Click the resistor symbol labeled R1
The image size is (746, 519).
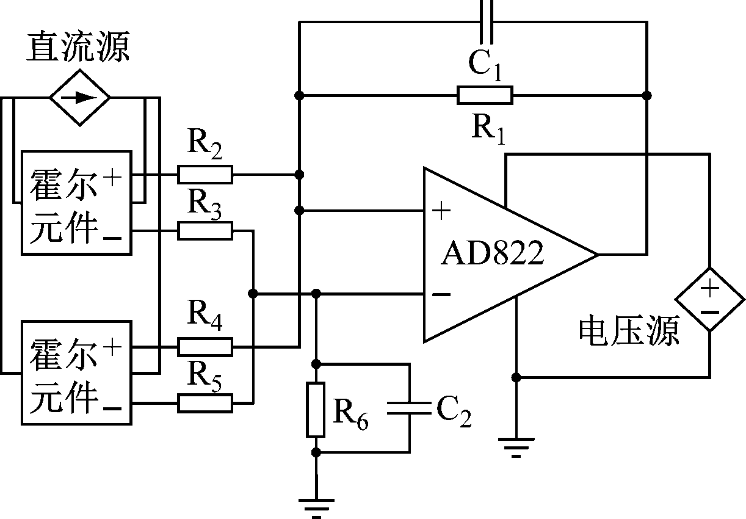point(485,95)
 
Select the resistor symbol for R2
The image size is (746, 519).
point(205,175)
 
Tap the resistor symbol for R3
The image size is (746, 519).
point(205,230)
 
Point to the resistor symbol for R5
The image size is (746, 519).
point(205,403)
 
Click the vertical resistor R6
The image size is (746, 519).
point(316,409)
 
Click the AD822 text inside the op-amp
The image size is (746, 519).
point(492,254)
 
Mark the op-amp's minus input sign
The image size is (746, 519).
point(441,295)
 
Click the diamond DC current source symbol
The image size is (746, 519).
point(80,96)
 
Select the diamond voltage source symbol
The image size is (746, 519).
point(709,299)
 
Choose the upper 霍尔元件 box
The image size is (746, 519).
point(76,203)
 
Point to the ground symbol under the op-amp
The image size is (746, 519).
point(516,448)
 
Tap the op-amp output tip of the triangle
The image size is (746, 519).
point(596,254)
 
